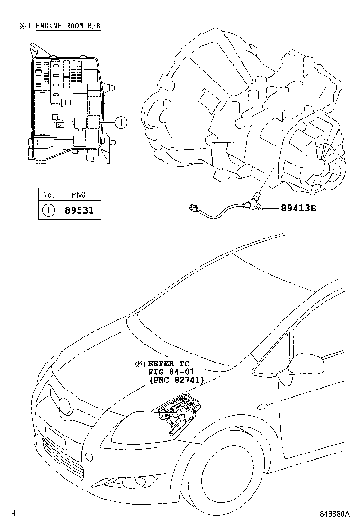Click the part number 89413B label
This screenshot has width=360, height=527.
pos(292,208)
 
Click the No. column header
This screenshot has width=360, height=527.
pos(48,194)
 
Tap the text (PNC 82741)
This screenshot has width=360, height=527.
pos(176,380)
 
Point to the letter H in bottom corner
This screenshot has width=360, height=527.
pos(13,514)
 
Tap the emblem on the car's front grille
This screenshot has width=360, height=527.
pos(63,404)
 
